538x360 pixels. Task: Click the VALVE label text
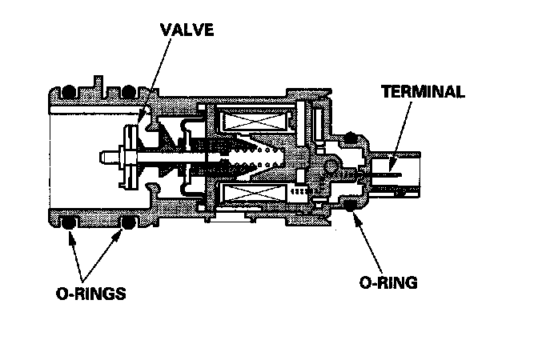tap(187, 30)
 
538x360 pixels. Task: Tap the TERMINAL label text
tap(423, 91)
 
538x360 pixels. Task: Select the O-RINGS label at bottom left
tap(91, 294)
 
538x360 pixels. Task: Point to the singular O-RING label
tap(388, 282)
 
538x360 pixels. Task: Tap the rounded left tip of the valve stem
tap(102, 158)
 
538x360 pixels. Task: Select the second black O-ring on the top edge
tap(128, 91)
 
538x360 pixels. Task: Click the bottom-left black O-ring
tap(68, 223)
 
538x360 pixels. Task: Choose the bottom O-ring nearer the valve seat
tap(127, 223)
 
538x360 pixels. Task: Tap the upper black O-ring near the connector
tap(350, 138)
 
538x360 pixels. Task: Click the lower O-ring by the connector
tap(350, 206)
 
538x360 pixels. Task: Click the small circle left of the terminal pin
tap(330, 166)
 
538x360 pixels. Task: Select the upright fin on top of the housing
tap(98, 84)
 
